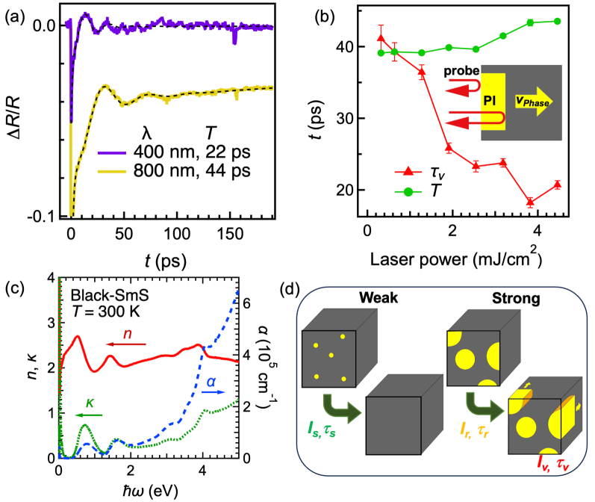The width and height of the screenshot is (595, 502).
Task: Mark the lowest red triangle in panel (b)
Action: click(530, 202)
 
